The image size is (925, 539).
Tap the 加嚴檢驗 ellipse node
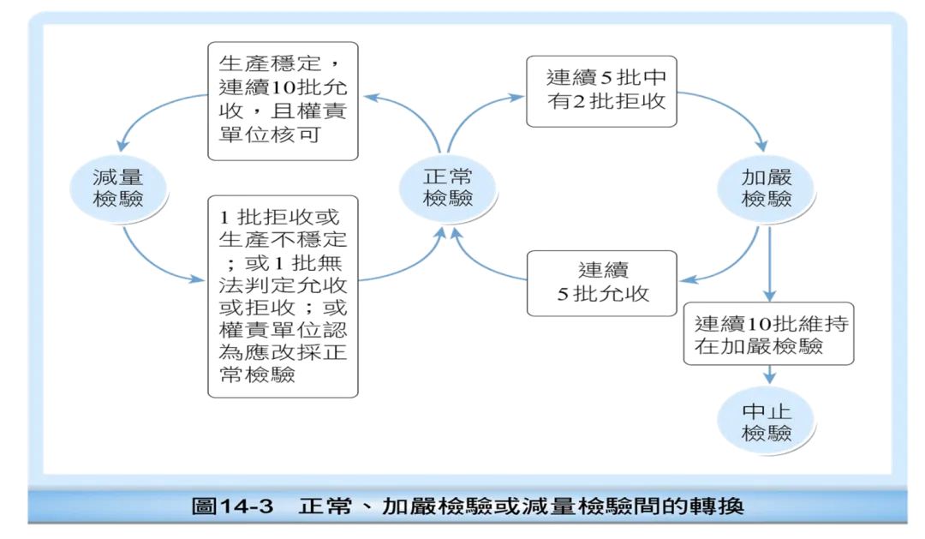coord(766,188)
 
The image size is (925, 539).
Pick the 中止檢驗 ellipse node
coord(766,421)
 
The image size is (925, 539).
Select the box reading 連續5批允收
coord(600,282)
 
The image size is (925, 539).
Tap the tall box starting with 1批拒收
coord(283,296)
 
